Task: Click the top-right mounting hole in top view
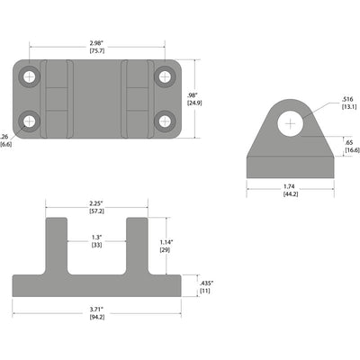(x=165, y=77)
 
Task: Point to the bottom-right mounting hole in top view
(x=165, y=120)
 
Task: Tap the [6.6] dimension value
(x=6, y=144)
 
